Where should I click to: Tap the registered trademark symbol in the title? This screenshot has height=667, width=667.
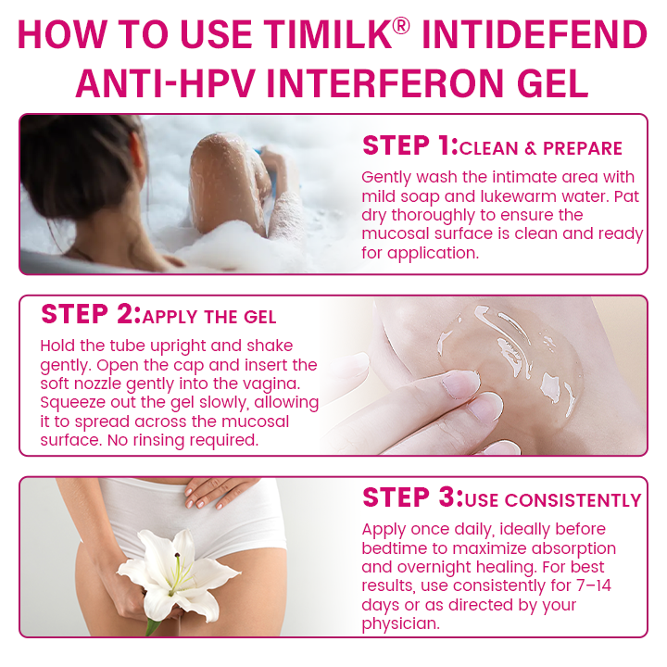pos(401,26)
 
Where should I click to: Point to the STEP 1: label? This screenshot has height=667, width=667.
pos(410,145)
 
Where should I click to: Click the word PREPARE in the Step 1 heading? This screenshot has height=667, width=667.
pos(583,148)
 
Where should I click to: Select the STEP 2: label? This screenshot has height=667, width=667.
pos(91,314)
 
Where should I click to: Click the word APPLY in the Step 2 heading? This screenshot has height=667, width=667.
pos(170,318)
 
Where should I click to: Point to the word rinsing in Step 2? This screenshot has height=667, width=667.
pos(158,441)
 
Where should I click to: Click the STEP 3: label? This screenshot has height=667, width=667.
pos(412,497)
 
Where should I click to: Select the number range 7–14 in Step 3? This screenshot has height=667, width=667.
pos(594,585)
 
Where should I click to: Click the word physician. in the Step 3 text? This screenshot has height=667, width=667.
pos(401,624)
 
